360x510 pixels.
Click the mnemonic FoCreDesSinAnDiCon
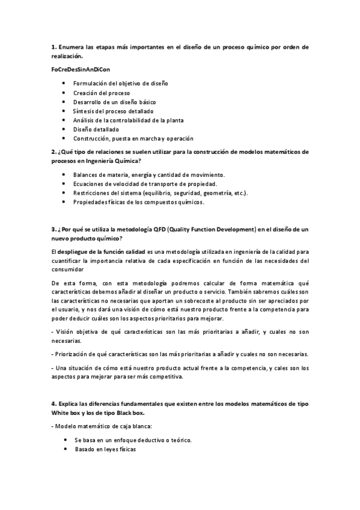click(81, 70)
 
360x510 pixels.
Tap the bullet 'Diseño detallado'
click(96, 129)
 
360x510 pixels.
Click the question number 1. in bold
click(53, 46)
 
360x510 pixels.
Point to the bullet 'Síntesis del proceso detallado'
click(113, 111)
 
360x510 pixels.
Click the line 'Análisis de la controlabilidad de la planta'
click(129, 120)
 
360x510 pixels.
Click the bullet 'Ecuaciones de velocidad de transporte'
click(145, 183)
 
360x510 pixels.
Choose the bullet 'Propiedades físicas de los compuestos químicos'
click(139, 202)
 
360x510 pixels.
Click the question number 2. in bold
click(53, 152)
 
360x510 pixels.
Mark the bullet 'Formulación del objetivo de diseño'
click(121, 84)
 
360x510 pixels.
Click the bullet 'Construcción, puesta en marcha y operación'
click(133, 138)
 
